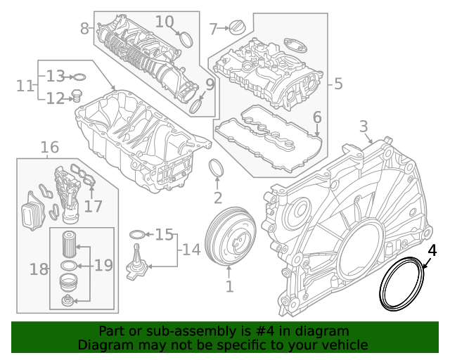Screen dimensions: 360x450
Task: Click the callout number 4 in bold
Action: (432, 250)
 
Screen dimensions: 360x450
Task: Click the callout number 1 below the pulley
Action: (229, 286)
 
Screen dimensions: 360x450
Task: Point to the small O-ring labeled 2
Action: (218, 170)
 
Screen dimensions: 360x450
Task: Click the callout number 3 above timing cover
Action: (364, 127)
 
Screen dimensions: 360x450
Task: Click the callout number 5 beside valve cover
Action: (338, 84)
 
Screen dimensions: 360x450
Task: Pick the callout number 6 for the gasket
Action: (317, 117)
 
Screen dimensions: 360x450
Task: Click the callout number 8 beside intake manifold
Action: (85, 29)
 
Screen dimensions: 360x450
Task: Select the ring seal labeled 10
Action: (185, 38)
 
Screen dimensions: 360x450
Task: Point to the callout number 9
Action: (210, 84)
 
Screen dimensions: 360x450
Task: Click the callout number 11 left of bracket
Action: (25, 86)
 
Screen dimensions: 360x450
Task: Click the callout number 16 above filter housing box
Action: (49, 147)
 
